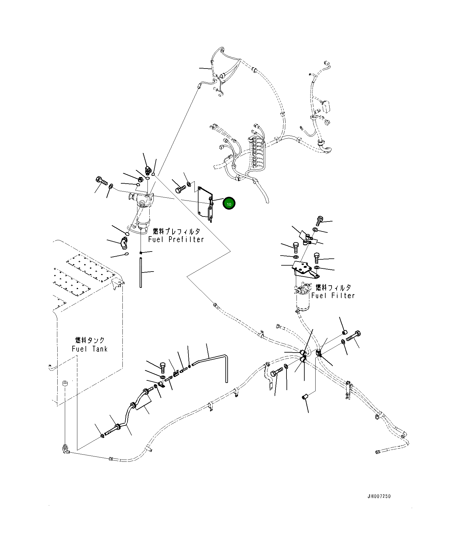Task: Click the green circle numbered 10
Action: [x=229, y=204]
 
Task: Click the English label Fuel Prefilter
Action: [x=176, y=239]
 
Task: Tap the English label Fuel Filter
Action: [x=333, y=296]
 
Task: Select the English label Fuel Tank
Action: [x=90, y=349]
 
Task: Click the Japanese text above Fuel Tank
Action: [x=90, y=340]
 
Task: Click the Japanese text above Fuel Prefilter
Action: [x=177, y=232]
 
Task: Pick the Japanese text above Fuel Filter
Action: [x=333, y=287]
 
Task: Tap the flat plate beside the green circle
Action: [x=205, y=202]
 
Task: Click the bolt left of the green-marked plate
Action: [x=180, y=189]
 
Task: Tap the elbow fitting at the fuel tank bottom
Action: [x=66, y=449]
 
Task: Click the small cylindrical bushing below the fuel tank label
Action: [x=65, y=384]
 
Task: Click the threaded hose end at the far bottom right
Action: [x=379, y=451]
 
